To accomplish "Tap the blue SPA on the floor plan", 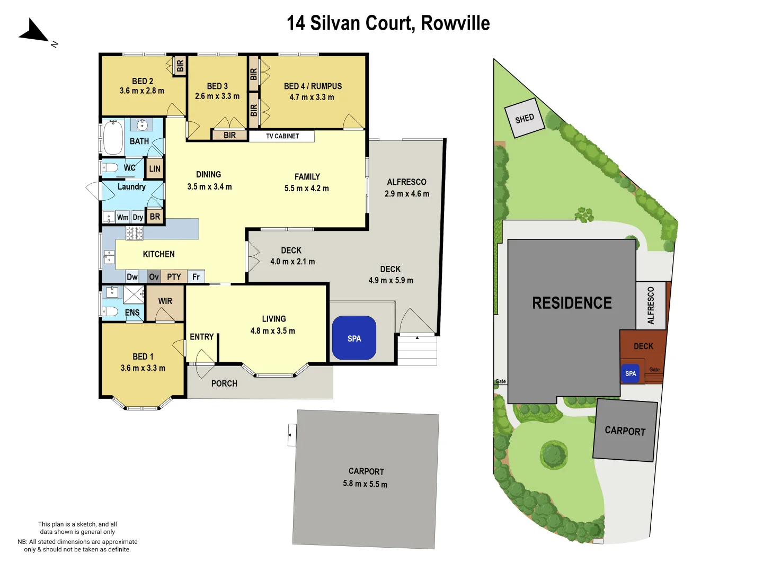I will (x=354, y=338).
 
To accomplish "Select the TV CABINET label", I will (x=282, y=136).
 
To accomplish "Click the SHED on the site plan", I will (x=524, y=119).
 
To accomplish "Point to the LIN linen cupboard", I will (x=155, y=169).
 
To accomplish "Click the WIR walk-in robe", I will (x=165, y=301).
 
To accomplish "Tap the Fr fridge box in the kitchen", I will (x=196, y=276).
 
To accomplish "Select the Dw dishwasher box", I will (x=132, y=276).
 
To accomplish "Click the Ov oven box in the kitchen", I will (x=154, y=276).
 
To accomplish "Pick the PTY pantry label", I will (x=174, y=276).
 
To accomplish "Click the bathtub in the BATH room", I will (x=113, y=137).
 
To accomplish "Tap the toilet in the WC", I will (x=110, y=168).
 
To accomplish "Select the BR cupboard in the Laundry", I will (x=155, y=217).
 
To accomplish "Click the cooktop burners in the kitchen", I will (x=134, y=233).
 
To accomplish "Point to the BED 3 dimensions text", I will (x=217, y=96).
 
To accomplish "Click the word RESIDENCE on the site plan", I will (x=572, y=303).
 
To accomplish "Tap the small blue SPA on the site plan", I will (x=630, y=373).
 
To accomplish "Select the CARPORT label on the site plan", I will (x=625, y=431).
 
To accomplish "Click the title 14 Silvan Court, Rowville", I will (x=388, y=23).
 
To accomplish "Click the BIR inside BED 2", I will (x=180, y=66).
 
